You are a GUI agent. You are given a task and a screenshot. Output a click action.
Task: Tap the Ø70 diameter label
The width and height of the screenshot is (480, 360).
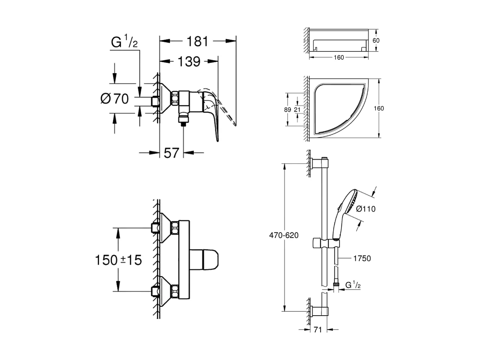[115, 99]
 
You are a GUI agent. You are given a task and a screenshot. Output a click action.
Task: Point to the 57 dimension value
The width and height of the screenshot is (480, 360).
[172, 152]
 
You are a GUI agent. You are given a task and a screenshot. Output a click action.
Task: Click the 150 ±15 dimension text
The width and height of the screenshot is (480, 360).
[118, 260]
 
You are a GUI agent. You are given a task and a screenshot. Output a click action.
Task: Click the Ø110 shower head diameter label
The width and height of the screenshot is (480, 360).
[365, 209]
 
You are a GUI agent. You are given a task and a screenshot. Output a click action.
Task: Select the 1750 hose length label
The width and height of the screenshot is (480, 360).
[362, 258]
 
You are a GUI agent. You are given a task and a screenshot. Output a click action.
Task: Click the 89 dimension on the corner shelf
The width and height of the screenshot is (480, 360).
[288, 110]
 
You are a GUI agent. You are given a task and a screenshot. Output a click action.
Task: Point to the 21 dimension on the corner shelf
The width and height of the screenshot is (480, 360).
[297, 110]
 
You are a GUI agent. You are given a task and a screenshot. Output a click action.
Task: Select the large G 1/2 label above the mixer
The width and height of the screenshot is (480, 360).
[124, 42]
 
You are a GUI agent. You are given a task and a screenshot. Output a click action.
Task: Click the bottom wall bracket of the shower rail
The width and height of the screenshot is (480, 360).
[319, 311]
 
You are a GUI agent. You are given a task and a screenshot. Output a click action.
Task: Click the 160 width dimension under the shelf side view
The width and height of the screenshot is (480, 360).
[338, 57]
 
